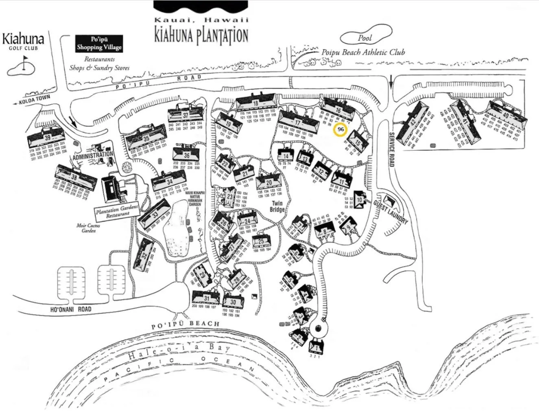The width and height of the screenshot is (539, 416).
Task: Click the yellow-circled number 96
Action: pyautogui.click(x=340, y=129)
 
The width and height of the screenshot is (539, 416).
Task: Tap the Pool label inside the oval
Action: pyautogui.click(x=365, y=38)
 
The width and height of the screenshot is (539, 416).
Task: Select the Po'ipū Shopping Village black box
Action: pyautogui.click(x=99, y=43)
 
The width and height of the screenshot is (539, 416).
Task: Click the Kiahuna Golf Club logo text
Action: pyautogui.click(x=23, y=41)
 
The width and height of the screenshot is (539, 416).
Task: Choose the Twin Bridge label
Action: pyautogui.click(x=277, y=206)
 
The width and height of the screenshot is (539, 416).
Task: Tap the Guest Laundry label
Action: pyautogui.click(x=391, y=211)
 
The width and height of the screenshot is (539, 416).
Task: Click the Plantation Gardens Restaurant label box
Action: pyautogui.click(x=117, y=211)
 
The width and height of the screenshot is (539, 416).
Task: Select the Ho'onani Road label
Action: pyautogui.click(x=71, y=309)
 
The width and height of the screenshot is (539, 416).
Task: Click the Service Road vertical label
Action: pyautogui.click(x=392, y=149)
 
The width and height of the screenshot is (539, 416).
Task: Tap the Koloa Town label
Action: pyautogui.click(x=35, y=100)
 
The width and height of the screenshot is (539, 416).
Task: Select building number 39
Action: pyautogui.click(x=48, y=137)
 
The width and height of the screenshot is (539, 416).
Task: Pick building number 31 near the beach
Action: pyautogui.click(x=207, y=298)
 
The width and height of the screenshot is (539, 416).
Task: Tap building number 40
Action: pyautogui.click(x=506, y=116)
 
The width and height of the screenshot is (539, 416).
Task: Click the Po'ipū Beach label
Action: pyautogui.click(x=185, y=325)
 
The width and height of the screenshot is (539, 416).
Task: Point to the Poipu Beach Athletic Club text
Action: pyautogui.click(x=363, y=52)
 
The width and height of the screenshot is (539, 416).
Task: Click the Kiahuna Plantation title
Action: pyautogui.click(x=201, y=35)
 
